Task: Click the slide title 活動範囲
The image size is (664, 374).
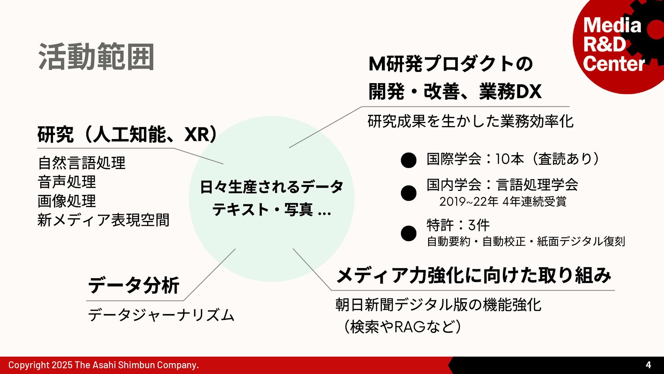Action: tap(96, 57)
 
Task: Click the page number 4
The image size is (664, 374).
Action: tap(648, 365)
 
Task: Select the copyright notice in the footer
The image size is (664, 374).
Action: tap(103, 365)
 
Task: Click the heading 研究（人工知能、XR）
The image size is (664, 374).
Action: tap(127, 135)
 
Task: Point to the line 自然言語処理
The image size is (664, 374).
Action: tap(82, 163)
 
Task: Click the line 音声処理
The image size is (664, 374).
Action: tap(67, 182)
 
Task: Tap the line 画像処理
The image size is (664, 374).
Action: tap(67, 201)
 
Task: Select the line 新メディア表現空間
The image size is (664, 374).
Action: tap(103, 220)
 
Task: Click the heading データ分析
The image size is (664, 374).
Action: tap(134, 285)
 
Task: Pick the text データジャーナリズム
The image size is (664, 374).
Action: tap(161, 315)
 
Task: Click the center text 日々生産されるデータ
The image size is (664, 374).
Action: tap(271, 187)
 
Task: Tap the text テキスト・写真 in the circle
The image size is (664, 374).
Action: tap(263, 210)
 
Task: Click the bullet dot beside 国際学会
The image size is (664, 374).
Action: tap(408, 160)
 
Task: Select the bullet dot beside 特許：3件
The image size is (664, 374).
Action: tap(408, 233)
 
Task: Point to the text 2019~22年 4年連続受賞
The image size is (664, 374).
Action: tap(503, 202)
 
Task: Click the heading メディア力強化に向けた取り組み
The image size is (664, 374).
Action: tap(473, 276)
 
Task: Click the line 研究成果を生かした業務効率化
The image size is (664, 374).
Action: tap(470, 121)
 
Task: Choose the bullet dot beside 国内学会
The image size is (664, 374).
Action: tap(408, 193)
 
